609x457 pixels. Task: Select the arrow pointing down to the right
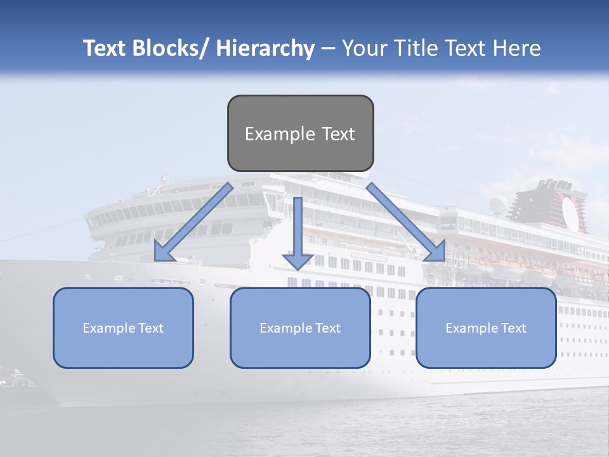click(406, 222)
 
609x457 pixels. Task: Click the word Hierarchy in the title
click(265, 48)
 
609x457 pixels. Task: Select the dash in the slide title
click(328, 48)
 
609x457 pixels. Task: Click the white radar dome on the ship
click(498, 204)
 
